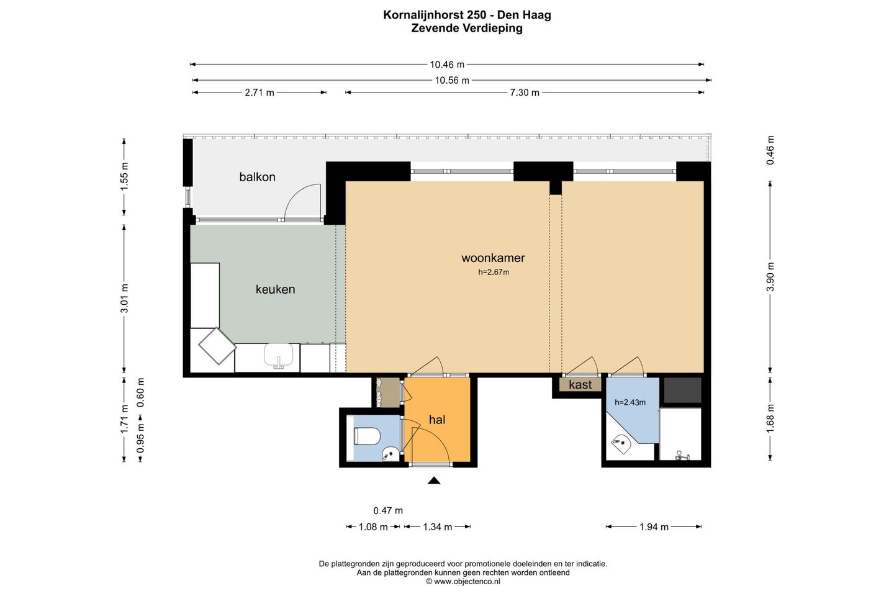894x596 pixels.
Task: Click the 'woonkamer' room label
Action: (493, 258)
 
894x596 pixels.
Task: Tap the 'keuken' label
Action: (276, 289)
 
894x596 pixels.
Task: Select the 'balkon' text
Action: (257, 177)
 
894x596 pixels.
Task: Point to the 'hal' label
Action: (437, 420)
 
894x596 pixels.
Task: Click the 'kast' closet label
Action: (580, 385)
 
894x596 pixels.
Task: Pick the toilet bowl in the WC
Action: (367, 436)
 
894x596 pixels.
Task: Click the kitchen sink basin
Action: (279, 355)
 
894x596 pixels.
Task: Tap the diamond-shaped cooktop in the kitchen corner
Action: (217, 346)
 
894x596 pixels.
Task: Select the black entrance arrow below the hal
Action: (434, 481)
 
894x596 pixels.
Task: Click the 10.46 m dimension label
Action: (447, 65)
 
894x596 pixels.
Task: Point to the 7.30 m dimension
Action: (525, 93)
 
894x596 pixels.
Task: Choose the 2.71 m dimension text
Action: (260, 93)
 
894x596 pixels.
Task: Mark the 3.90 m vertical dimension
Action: (770, 277)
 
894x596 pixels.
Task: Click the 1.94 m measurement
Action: (654, 527)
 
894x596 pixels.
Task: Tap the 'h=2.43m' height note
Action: (630, 402)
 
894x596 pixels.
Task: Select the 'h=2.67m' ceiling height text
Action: (494, 273)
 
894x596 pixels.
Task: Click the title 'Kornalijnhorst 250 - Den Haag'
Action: (467, 15)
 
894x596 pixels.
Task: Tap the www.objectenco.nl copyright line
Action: (463, 582)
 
